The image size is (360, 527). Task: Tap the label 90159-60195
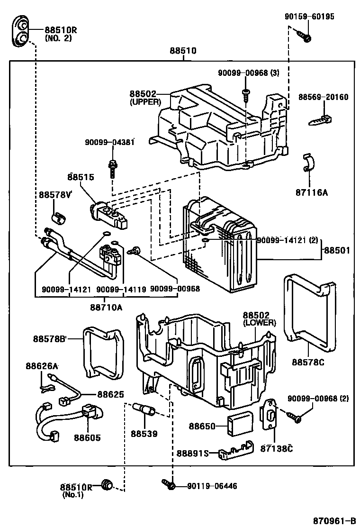[309, 17]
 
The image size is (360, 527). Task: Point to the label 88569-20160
[323, 97]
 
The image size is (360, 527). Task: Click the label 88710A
[106, 307]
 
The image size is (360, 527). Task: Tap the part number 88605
[87, 438]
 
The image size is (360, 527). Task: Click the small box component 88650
[239, 423]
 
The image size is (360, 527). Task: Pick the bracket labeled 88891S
[235, 454]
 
